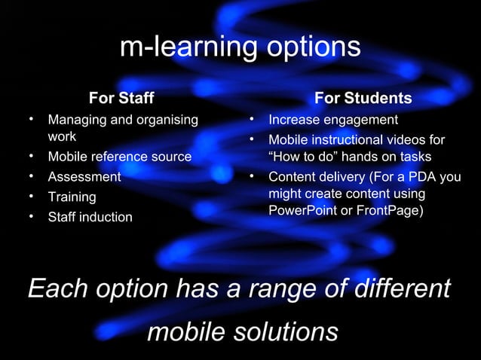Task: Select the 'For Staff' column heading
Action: (121, 98)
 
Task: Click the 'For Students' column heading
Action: (363, 98)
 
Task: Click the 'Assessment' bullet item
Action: (84, 177)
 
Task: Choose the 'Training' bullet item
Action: (72, 197)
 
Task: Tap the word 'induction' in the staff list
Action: (106, 218)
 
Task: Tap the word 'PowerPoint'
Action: (302, 211)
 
